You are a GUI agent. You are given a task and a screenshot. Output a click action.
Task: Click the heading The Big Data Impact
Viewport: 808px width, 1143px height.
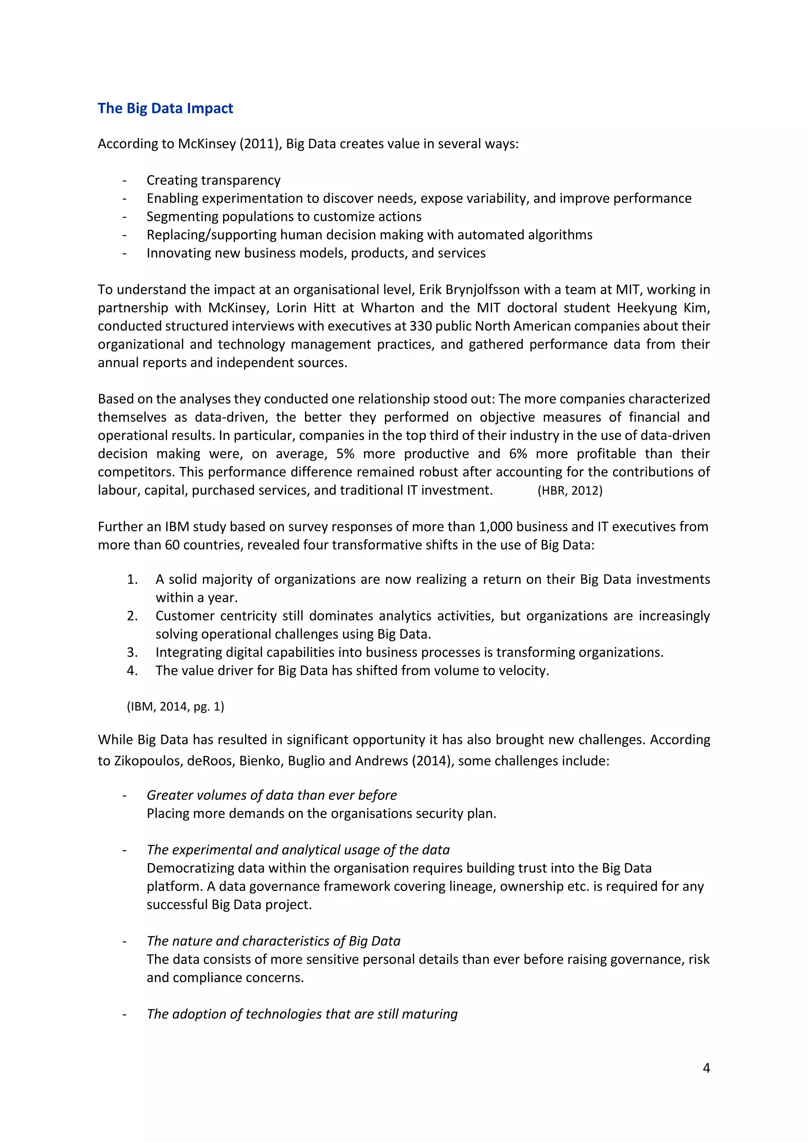point(165,109)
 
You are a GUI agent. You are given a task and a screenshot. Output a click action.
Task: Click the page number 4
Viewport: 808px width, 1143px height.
point(706,1068)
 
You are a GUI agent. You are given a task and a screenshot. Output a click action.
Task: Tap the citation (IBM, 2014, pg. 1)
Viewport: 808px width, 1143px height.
point(175,706)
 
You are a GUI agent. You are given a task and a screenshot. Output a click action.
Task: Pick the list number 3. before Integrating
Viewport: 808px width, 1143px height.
point(132,652)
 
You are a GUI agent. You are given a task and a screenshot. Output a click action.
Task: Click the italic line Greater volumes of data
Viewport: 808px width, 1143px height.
point(272,795)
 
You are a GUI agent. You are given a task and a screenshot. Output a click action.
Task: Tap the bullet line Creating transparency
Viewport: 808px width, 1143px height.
point(213,180)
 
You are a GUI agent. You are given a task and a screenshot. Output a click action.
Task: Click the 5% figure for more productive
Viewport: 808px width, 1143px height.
point(345,454)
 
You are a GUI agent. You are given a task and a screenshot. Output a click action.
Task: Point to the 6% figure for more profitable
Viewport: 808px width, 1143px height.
point(518,454)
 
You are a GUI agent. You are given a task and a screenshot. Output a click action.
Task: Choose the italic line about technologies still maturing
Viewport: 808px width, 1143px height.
point(302,1014)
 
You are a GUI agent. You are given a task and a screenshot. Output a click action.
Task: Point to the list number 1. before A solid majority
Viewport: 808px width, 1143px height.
point(132,579)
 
